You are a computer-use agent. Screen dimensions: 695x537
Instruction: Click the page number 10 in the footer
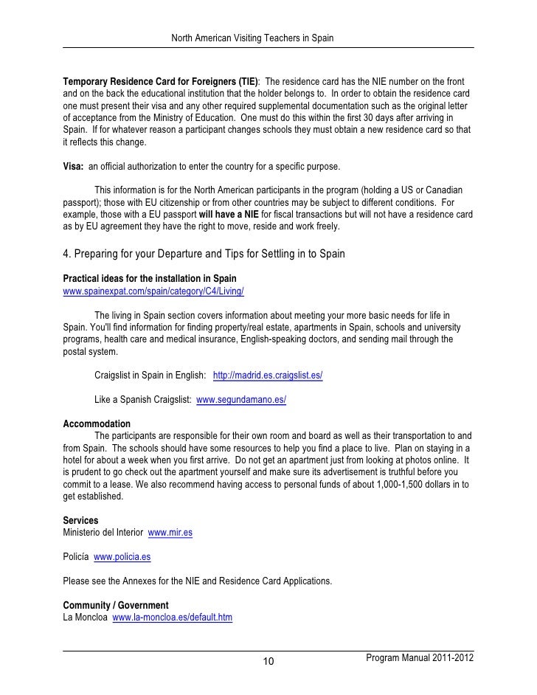269,660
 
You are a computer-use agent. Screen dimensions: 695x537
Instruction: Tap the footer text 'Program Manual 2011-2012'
419,657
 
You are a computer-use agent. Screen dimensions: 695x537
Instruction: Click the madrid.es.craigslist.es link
268,376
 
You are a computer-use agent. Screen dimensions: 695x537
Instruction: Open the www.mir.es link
170,532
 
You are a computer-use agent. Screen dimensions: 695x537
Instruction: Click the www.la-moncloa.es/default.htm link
172,618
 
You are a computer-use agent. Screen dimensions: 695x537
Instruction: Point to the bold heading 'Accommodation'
97,424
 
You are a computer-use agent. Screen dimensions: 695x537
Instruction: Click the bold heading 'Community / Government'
116,606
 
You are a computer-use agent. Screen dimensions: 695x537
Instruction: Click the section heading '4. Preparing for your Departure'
204,255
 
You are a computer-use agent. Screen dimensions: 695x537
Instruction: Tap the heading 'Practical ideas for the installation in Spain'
150,279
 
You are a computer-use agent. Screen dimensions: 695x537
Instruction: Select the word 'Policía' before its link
76,556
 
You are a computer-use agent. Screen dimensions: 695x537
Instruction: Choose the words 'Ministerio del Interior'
103,532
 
